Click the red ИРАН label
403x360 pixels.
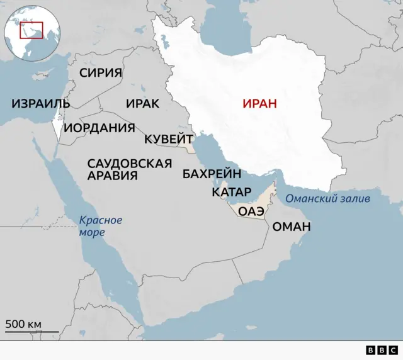tap(259, 104)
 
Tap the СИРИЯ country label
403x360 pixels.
tap(101, 72)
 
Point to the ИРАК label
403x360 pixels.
tap(142, 103)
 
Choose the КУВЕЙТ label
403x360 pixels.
tap(168, 139)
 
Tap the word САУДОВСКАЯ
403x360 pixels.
tap(129, 164)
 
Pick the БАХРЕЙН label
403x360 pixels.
tap(212, 174)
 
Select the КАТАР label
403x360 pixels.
tap(232, 191)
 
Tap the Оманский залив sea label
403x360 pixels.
tap(327, 199)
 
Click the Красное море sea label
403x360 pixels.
tap(100, 226)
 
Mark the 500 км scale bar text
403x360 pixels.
tap(24, 324)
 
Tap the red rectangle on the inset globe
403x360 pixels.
tap(31, 29)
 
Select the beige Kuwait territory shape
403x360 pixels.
tap(188, 146)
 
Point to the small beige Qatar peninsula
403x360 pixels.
tap(225, 202)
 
